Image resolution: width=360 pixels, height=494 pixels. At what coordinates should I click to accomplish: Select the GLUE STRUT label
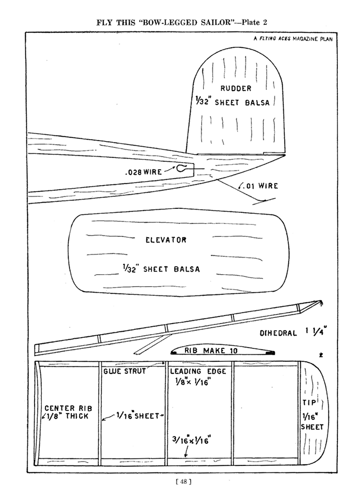click(x=124, y=371)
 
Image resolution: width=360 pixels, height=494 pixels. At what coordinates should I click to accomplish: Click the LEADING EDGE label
click(x=198, y=371)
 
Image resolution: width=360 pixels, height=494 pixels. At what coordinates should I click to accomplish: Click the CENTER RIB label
click(x=69, y=408)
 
